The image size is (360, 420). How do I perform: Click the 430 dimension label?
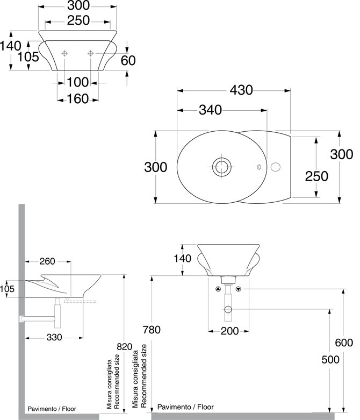click(x=241, y=90)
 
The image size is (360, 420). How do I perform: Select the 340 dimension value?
click(x=211, y=110)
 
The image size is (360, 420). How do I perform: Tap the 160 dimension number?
click(x=77, y=99)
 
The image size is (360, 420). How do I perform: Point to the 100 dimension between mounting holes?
click(x=77, y=82)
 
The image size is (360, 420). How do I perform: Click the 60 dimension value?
click(x=128, y=61)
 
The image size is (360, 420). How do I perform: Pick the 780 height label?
click(x=152, y=330)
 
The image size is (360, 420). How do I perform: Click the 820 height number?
click(x=125, y=347)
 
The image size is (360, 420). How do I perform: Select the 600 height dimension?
click(x=344, y=343)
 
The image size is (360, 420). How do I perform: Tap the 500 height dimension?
click(x=330, y=360)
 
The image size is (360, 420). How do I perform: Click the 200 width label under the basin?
click(x=229, y=331)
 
